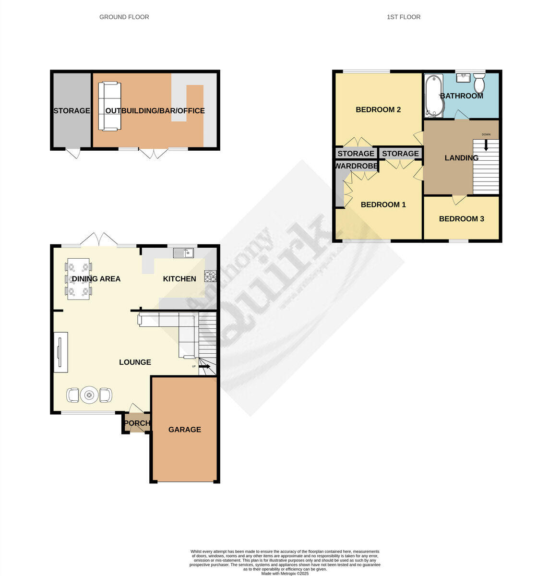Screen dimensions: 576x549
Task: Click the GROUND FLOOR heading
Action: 124,17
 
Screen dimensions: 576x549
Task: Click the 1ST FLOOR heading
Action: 403,17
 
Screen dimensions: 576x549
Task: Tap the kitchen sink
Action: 183,252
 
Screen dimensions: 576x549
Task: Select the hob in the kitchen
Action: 211,276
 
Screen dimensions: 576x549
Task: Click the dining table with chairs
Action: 78,279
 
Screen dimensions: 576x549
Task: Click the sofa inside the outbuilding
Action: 109,106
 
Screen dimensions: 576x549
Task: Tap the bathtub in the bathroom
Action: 434,96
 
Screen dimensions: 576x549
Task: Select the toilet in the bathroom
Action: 479,84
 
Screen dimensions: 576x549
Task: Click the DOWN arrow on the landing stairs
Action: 486,144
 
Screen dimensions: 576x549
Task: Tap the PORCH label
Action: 137,423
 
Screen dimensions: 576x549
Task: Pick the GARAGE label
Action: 184,430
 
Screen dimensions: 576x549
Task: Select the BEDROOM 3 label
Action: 461,219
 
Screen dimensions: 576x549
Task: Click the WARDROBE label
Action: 356,166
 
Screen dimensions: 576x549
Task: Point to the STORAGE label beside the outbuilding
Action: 72,111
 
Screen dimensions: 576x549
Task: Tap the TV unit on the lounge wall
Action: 60,352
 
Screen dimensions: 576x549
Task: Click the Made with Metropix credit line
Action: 285,573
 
